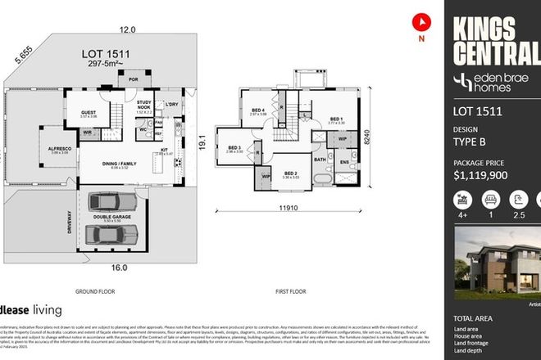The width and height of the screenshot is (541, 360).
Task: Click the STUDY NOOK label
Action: click(146, 104)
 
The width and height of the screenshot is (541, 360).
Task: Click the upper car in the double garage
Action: click(112, 201)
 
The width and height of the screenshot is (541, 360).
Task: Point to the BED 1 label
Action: click(336, 119)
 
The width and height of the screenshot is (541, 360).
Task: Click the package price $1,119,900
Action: click(489, 174)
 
